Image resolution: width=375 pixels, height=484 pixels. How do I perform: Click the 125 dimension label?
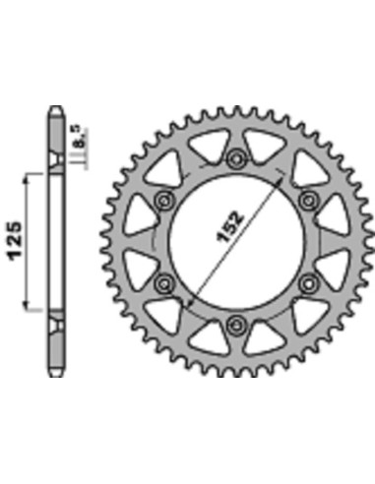[15, 242]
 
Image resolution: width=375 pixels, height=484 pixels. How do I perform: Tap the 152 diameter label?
[230, 227]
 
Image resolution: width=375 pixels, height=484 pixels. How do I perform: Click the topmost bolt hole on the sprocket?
[236, 158]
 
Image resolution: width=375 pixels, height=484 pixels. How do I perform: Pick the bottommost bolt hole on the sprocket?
[236, 326]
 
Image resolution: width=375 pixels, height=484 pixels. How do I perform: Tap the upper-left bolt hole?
[163, 201]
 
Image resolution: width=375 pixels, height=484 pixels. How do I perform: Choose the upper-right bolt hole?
[308, 200]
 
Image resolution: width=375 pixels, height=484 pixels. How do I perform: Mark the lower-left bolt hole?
[163, 283]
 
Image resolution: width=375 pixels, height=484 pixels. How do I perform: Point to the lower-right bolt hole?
[308, 283]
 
